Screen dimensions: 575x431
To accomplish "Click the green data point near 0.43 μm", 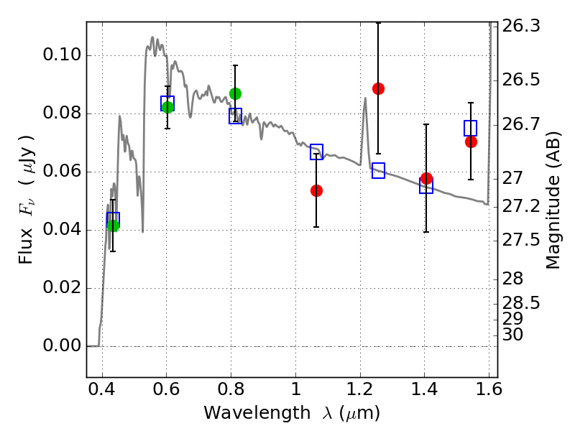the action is [114, 226].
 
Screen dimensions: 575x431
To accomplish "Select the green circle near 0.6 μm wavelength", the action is [167, 107].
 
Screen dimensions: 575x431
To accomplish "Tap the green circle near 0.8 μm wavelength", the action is [236, 94].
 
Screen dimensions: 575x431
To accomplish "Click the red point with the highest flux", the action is [379, 88].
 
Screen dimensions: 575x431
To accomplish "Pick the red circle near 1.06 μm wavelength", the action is [316, 190].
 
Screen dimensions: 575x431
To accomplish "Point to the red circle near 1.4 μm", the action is [426, 179].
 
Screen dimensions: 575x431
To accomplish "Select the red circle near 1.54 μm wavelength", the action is [471, 142].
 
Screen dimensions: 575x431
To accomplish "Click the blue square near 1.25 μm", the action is [379, 170].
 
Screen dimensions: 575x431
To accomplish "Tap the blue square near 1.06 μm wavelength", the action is [316, 152].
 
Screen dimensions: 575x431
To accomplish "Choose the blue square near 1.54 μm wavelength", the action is [471, 128].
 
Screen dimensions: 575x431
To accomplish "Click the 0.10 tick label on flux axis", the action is [62, 55].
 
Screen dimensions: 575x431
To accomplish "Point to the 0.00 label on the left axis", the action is [62, 346].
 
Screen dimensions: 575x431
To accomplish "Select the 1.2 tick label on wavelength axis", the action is [360, 389].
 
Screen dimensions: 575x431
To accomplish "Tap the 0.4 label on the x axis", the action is [102, 389].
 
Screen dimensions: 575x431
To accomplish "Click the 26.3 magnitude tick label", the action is [520, 27].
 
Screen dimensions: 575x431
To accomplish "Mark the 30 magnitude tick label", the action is [512, 335].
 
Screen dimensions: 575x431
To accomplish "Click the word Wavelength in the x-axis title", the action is [257, 413].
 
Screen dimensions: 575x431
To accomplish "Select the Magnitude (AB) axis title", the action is [553, 200].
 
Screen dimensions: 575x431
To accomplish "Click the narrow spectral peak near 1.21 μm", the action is [365, 98].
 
